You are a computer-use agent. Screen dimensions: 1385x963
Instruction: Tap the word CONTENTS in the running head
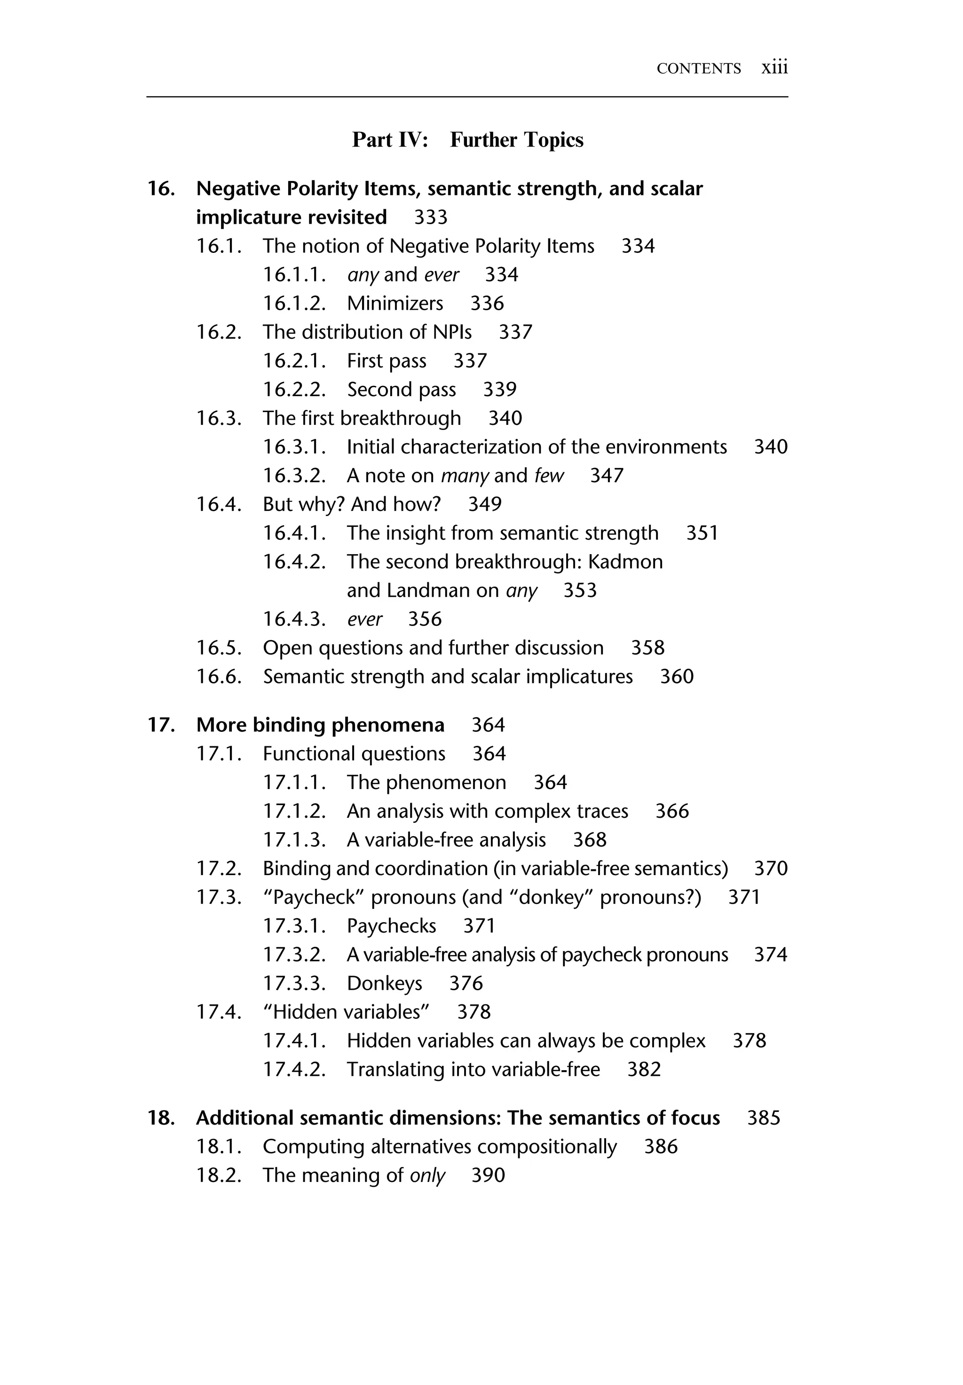(x=698, y=69)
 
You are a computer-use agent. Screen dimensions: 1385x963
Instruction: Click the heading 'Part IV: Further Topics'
(x=467, y=140)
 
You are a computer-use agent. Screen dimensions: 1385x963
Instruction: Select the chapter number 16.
(x=161, y=189)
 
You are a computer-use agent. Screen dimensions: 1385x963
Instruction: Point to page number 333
(x=430, y=217)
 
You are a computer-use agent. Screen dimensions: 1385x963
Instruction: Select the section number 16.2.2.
(x=294, y=390)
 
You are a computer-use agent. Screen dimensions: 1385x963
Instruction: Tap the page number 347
(x=607, y=476)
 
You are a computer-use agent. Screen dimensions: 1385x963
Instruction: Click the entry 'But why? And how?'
(x=351, y=504)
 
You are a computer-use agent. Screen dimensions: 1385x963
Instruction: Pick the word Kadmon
(x=625, y=562)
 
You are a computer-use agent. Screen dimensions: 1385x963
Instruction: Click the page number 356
(x=425, y=619)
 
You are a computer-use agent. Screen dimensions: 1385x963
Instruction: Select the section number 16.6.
(x=219, y=677)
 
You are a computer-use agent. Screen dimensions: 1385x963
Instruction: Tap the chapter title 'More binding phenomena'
(x=320, y=725)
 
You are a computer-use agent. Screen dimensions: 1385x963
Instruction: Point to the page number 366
(x=671, y=811)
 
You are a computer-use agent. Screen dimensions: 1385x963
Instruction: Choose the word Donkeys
(x=384, y=984)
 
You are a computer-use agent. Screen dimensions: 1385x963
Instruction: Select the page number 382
(x=644, y=1070)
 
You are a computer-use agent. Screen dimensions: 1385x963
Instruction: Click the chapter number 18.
(x=161, y=1118)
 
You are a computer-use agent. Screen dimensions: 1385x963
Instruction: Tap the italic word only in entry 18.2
(x=427, y=1176)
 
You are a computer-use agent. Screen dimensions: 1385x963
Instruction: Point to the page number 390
(x=488, y=1176)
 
